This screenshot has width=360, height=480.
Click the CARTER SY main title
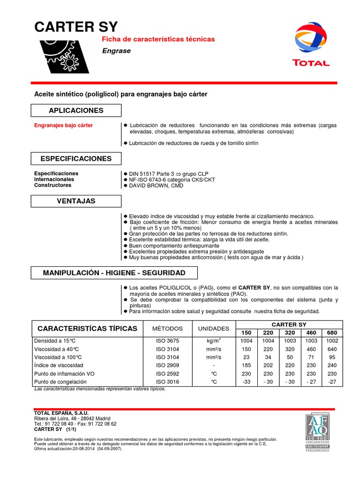point(76,27)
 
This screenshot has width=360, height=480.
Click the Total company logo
point(311,45)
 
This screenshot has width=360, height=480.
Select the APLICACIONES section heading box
point(76,110)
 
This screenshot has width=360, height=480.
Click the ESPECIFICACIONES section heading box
point(76,158)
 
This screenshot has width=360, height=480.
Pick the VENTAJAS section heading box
point(76,201)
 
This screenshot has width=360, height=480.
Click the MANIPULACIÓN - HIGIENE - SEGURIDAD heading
point(114,272)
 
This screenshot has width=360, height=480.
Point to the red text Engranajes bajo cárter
point(64,126)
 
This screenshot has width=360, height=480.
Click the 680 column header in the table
point(332,333)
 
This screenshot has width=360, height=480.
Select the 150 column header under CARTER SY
point(247,333)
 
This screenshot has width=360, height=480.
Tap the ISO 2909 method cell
point(167,365)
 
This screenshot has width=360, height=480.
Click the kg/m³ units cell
point(214,341)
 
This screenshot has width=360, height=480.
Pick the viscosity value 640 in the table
point(332,349)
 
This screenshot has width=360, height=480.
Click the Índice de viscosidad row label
point(59,365)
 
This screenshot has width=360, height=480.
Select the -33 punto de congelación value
point(247,382)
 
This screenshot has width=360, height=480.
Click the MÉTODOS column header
point(167,329)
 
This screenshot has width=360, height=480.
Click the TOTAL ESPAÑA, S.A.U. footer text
point(61,412)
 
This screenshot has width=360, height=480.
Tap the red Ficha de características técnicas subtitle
point(158,39)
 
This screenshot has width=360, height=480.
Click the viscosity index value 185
point(247,365)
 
